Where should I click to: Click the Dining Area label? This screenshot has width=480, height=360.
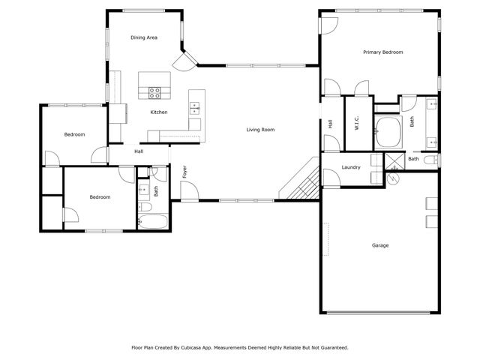(x=143, y=37)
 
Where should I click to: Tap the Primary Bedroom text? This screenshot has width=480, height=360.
(x=382, y=52)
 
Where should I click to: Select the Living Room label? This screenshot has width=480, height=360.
(x=260, y=130)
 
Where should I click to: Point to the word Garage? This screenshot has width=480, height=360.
(x=380, y=245)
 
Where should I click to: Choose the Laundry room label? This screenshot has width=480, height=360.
(x=351, y=167)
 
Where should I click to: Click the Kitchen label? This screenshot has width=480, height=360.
(x=158, y=112)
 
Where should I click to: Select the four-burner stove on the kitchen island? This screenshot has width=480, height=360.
(x=155, y=93)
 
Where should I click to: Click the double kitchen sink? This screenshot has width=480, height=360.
(x=194, y=106)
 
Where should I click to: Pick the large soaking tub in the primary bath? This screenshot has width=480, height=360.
(x=388, y=131)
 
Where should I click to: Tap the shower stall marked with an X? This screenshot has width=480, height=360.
(x=393, y=161)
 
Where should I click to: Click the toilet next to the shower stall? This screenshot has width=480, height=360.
(x=430, y=160)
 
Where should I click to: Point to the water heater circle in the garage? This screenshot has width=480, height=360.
(x=392, y=178)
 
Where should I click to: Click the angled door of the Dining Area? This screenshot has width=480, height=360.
(x=182, y=60)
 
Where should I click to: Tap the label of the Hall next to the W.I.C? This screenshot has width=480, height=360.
(x=330, y=124)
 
